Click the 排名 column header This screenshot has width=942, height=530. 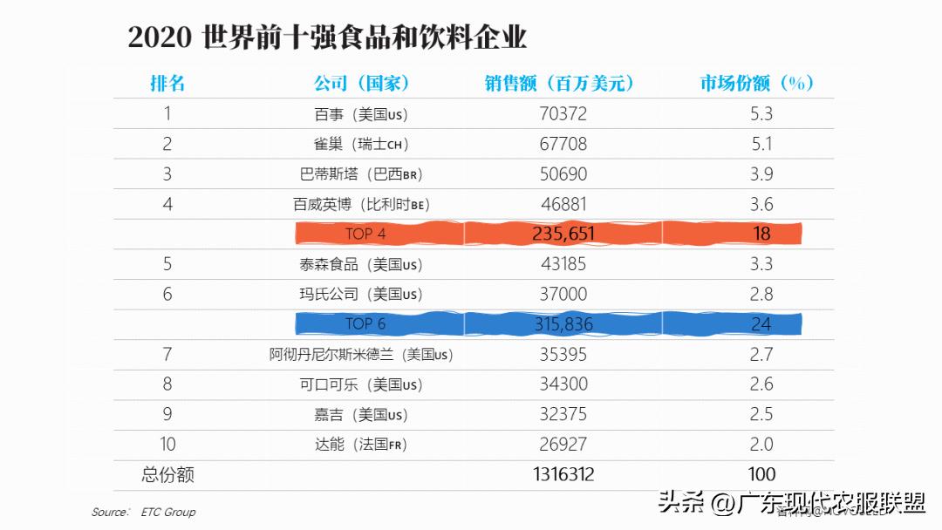click(x=167, y=83)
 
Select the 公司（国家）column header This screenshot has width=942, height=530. click(x=362, y=83)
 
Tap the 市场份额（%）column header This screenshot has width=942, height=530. click(x=757, y=83)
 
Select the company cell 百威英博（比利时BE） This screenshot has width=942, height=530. click(x=361, y=205)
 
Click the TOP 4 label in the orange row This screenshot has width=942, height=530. click(x=365, y=234)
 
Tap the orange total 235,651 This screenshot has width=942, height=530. click(x=563, y=234)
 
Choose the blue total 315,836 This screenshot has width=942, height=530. click(x=563, y=324)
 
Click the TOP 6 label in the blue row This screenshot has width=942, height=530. click(x=365, y=324)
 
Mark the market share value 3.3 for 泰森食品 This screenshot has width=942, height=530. click(x=761, y=264)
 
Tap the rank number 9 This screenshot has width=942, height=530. click(x=167, y=414)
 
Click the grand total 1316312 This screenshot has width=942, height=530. click(x=563, y=474)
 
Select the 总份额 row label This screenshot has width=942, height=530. click(x=167, y=475)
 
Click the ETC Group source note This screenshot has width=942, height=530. click(x=167, y=513)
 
